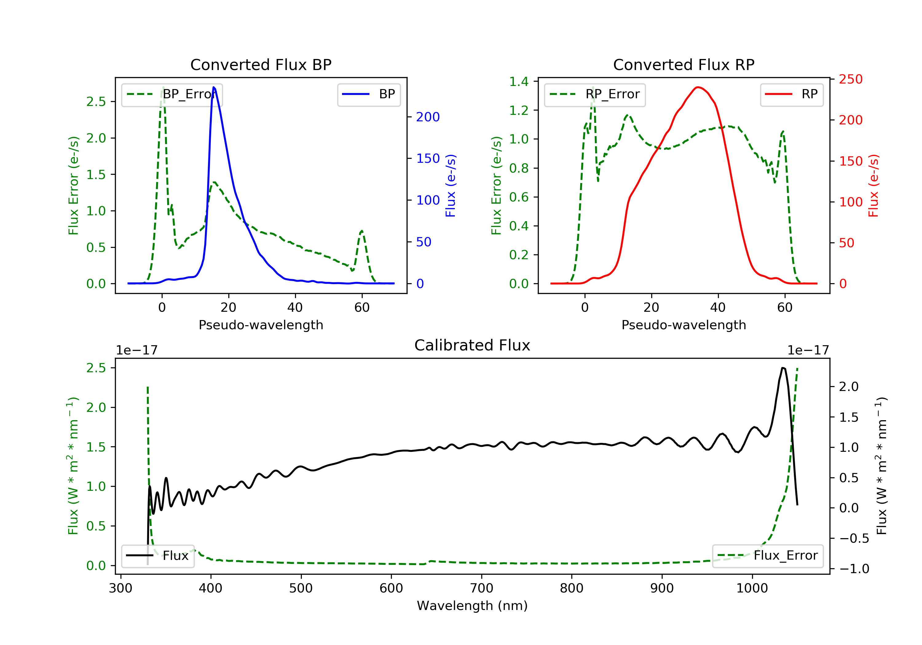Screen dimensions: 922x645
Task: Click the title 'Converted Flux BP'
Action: [x=261, y=64]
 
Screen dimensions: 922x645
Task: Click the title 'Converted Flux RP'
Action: [x=684, y=64]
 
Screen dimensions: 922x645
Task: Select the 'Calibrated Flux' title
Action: [x=472, y=345]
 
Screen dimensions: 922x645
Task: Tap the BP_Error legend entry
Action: [x=172, y=95]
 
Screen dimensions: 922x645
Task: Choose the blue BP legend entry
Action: [x=368, y=95]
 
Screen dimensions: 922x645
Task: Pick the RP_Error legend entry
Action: [x=595, y=95]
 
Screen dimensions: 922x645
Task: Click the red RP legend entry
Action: [x=791, y=95]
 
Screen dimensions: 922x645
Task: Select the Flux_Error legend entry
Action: [x=767, y=556]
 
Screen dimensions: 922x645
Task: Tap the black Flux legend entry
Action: [x=158, y=556]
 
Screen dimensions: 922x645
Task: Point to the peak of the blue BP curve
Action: [x=214, y=87]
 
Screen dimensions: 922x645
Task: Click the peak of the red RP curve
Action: [x=698, y=87]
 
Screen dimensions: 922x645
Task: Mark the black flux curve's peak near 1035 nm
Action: [x=783, y=368]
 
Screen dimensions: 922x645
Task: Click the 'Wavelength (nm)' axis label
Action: [x=472, y=606]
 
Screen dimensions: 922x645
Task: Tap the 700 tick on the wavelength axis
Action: [x=482, y=588]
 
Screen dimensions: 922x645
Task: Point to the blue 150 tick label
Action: [x=428, y=158]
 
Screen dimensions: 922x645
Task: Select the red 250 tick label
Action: [x=851, y=80]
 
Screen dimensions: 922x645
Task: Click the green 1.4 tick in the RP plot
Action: [x=519, y=81]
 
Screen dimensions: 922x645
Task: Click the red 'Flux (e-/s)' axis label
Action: [x=874, y=186]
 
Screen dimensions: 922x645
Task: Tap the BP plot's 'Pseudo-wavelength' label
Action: [x=261, y=325]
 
